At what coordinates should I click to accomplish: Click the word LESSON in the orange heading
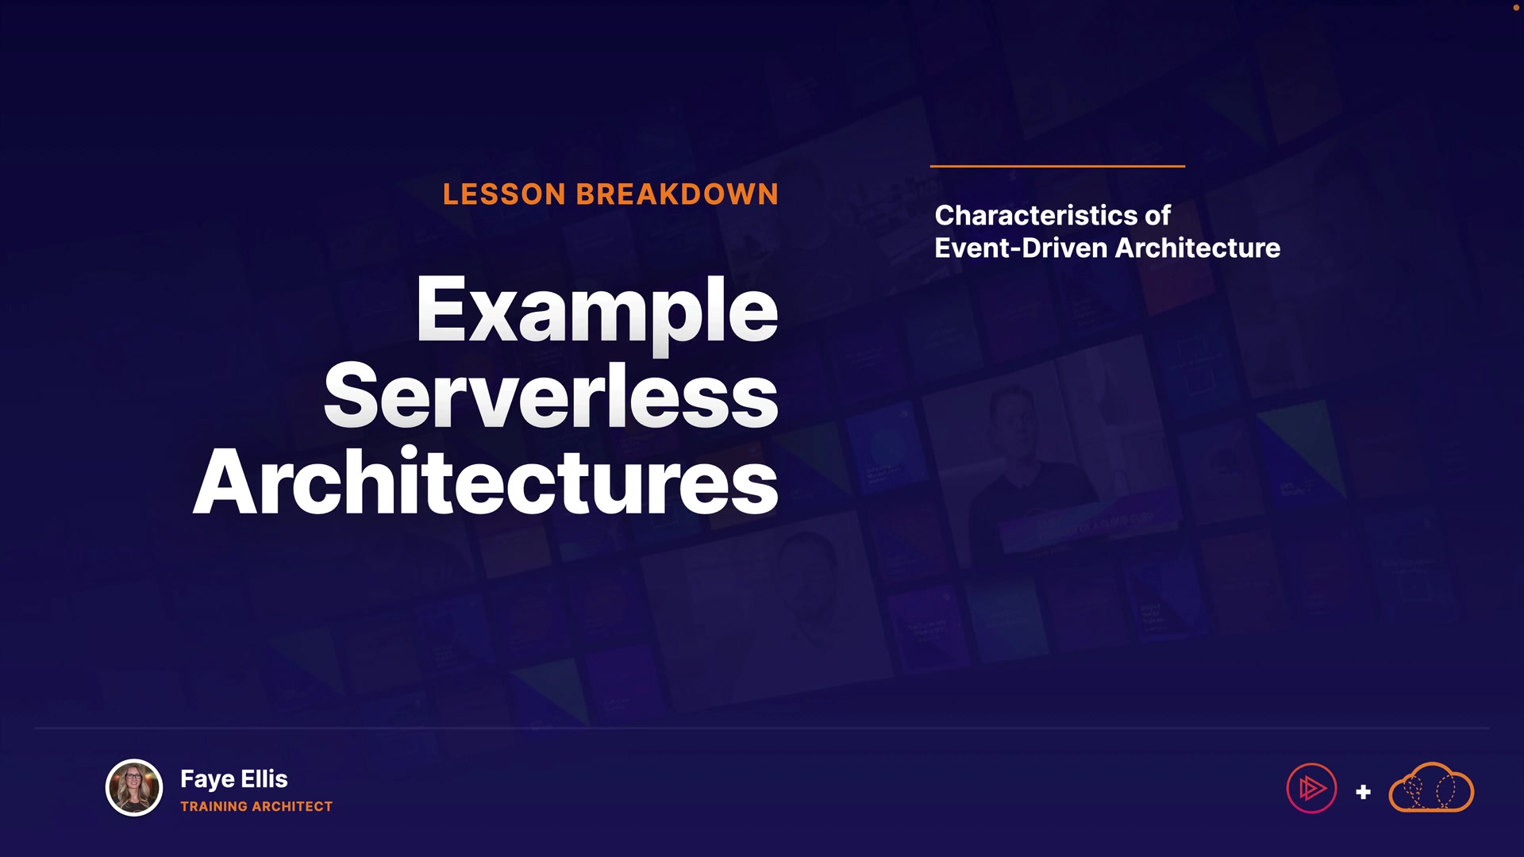[504, 194]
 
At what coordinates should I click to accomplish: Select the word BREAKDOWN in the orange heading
[677, 194]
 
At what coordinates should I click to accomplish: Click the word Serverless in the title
[551, 395]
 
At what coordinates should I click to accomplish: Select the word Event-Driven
[1021, 248]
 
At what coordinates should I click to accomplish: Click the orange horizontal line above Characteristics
[1057, 166]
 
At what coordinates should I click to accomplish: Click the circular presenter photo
[134, 788]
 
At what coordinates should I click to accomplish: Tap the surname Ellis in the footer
[264, 778]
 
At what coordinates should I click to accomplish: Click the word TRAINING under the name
[214, 806]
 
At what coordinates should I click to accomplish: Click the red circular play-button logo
[1311, 788]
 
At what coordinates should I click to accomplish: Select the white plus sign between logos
[1363, 792]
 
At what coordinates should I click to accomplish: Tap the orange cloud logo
[1431, 787]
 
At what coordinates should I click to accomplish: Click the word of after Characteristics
[1157, 215]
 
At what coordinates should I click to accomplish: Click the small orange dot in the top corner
[1515, 7]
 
